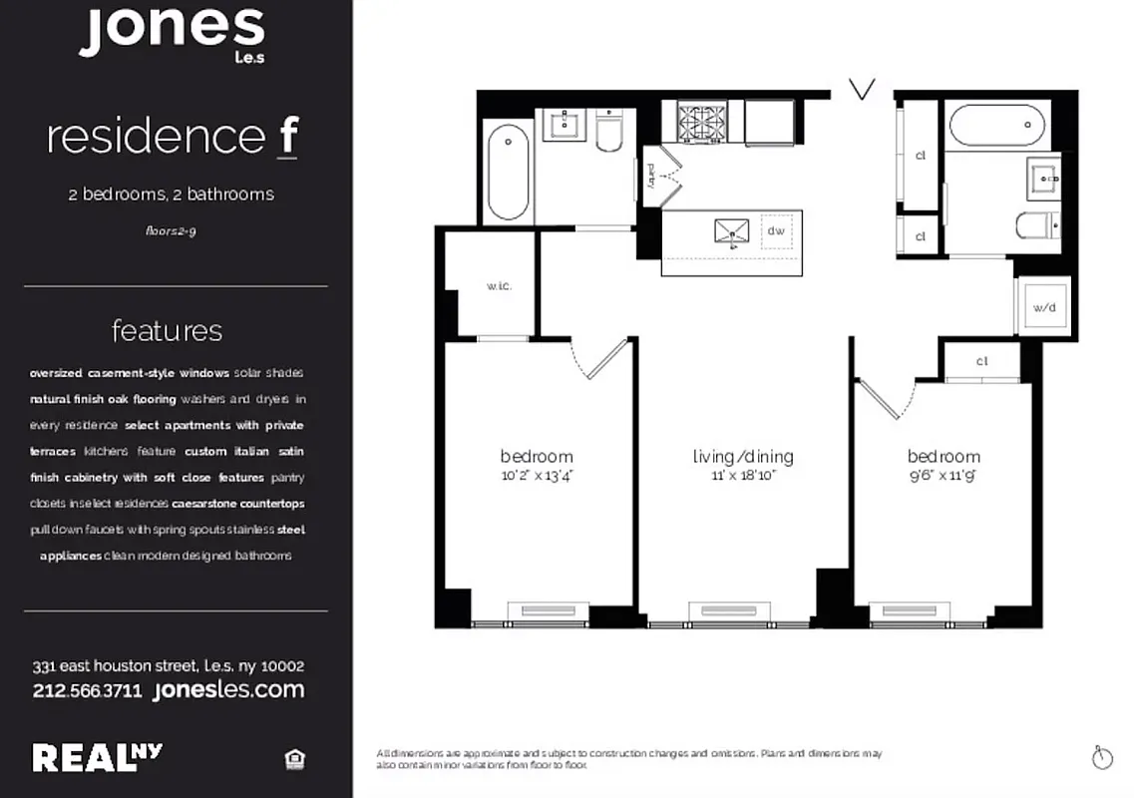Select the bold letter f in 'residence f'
[287, 138]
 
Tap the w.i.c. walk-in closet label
[499, 286]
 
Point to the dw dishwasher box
[777, 231]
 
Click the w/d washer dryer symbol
[1043, 306]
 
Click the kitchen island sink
[732, 232]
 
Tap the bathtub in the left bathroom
[509, 172]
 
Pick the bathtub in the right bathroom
[996, 127]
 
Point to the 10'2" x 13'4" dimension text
[538, 476]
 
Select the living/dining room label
[743, 457]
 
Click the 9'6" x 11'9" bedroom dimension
[944, 476]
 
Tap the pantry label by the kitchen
[649, 176]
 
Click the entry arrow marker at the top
[862, 90]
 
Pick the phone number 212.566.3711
[89, 690]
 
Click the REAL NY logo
[98, 758]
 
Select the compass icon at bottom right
[1102, 757]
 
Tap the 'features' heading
[168, 330]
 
